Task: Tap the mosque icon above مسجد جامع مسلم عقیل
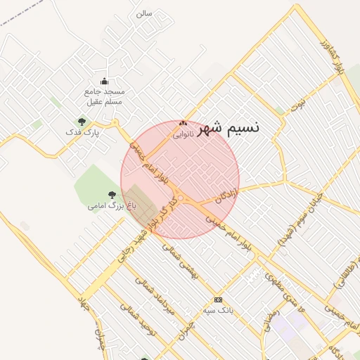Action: [105, 81]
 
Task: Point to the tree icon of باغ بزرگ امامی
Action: [112, 194]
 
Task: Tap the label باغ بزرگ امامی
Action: [106, 206]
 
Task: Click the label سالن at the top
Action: [143, 13]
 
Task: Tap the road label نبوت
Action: [301, 105]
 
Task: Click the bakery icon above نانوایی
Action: [183, 123]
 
